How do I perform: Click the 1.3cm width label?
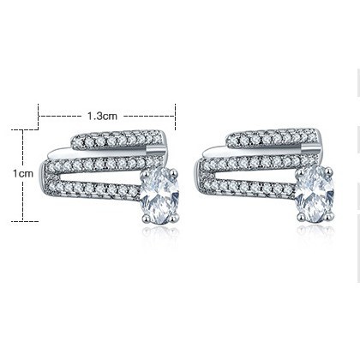[x=102, y=116]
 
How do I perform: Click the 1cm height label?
[x=23, y=173]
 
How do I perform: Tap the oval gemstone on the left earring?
[x=159, y=195]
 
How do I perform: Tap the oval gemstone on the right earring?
[x=315, y=194]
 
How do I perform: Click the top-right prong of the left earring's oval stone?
[x=174, y=173]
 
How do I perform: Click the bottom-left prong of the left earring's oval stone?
[x=146, y=219]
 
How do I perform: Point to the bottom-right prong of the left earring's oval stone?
[x=174, y=219]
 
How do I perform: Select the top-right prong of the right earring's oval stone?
[x=329, y=171]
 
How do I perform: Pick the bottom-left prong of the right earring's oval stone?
[x=301, y=217]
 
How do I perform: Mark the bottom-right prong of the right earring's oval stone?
[x=329, y=217]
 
